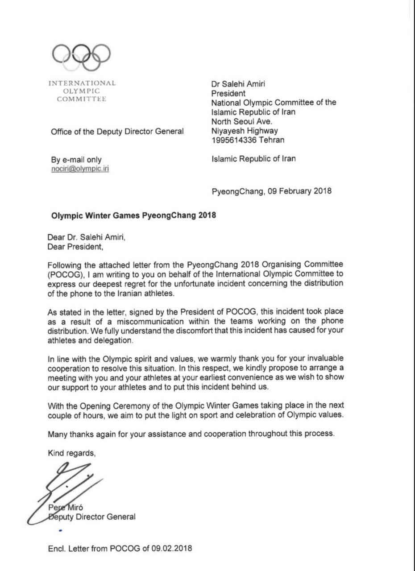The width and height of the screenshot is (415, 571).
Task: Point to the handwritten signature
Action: (x=67, y=484)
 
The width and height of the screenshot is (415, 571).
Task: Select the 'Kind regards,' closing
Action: (x=71, y=453)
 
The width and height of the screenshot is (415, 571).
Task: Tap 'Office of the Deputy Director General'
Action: (x=117, y=131)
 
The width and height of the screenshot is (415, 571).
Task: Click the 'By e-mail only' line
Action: (x=76, y=159)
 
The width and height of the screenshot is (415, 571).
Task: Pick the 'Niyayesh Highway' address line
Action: (x=245, y=131)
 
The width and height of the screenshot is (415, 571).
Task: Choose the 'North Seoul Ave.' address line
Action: (x=241, y=121)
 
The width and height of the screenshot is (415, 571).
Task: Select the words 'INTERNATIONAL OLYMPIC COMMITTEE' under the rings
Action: (x=81, y=91)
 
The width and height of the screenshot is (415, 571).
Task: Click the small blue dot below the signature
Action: (x=60, y=530)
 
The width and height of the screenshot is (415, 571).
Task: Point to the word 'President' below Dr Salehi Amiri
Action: (x=228, y=93)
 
